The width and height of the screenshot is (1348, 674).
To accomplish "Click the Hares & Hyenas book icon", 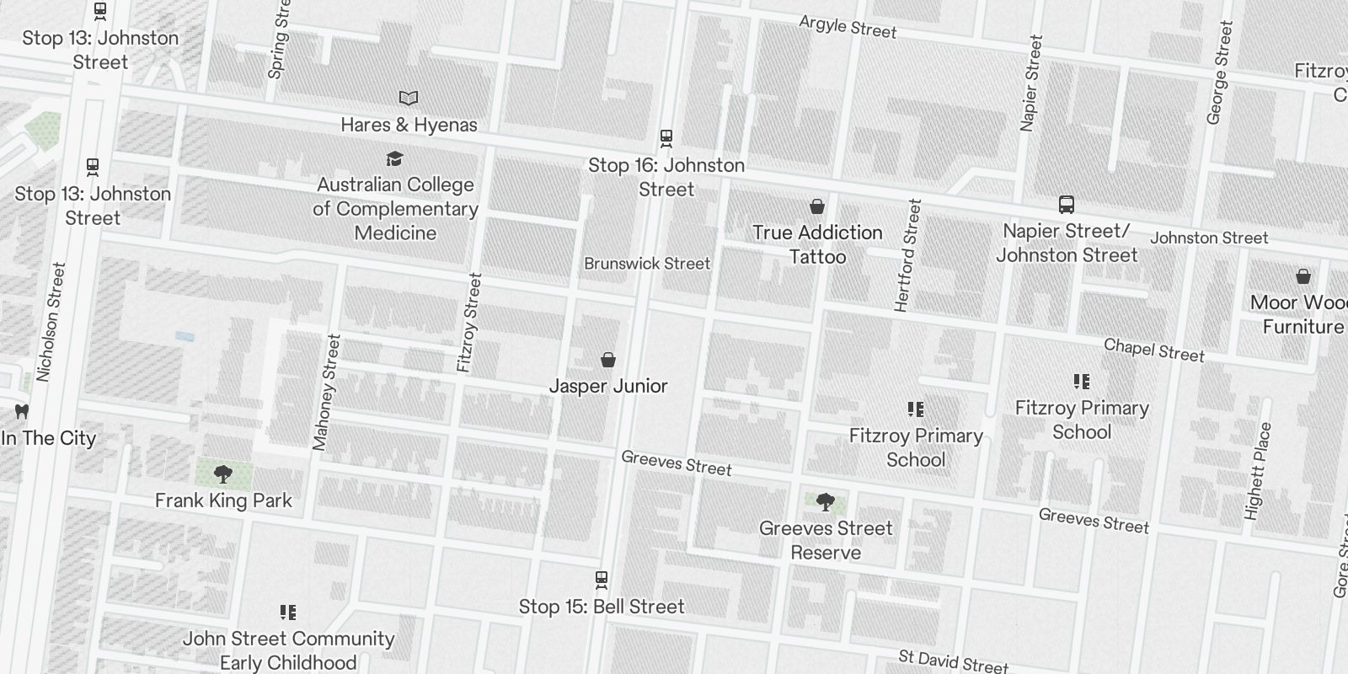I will [x=409, y=99].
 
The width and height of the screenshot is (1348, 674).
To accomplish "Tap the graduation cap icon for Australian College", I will [x=394, y=158].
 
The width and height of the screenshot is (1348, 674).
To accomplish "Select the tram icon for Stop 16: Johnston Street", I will [x=666, y=137].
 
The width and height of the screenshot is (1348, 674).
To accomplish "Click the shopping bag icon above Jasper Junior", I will [x=607, y=361].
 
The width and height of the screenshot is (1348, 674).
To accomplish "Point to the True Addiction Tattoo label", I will [x=817, y=244].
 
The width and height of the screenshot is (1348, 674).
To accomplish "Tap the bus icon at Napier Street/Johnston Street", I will [x=1067, y=205].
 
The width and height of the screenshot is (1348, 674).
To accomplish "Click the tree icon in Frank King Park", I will [x=223, y=474].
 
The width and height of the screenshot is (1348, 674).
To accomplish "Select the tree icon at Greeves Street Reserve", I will [x=826, y=503].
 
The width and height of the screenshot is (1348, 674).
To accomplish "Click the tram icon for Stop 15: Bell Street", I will [x=602, y=580].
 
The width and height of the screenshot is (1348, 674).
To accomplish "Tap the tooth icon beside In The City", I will [x=22, y=412].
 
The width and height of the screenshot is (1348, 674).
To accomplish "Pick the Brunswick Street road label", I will [x=647, y=264].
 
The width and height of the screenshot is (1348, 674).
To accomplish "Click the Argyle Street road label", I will [x=848, y=27].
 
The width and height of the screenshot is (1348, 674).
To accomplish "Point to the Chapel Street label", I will [x=1153, y=350].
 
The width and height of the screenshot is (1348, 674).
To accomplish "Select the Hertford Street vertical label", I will [x=907, y=255].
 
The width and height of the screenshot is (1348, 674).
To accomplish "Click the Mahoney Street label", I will [x=326, y=392].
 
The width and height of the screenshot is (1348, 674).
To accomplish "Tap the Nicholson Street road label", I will [x=51, y=322].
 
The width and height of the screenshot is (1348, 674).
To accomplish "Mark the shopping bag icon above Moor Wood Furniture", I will [x=1303, y=276].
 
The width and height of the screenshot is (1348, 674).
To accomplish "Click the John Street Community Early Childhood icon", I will [x=288, y=612].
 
